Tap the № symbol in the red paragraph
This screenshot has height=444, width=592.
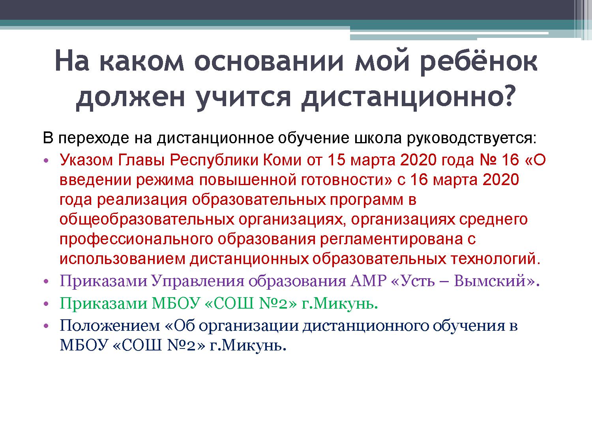488,160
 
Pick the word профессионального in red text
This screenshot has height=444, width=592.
137,239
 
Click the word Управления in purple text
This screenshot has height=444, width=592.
197,281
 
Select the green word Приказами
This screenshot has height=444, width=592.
103,303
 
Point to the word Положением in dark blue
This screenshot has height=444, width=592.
110,326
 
